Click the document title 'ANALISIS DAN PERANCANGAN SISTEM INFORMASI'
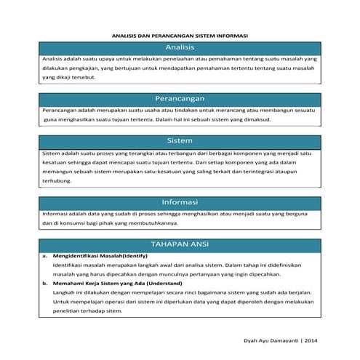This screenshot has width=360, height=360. (x=180, y=34)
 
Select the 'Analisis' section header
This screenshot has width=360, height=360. (x=180, y=47)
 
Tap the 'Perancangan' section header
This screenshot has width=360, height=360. (x=180, y=97)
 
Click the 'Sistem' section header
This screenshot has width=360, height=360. (x=180, y=140)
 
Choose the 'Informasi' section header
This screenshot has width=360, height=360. (x=180, y=201)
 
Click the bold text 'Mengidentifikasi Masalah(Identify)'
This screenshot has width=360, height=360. (x=95, y=256)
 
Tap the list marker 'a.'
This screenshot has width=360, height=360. (x=44, y=256)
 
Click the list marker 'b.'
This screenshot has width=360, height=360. (x=44, y=283)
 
